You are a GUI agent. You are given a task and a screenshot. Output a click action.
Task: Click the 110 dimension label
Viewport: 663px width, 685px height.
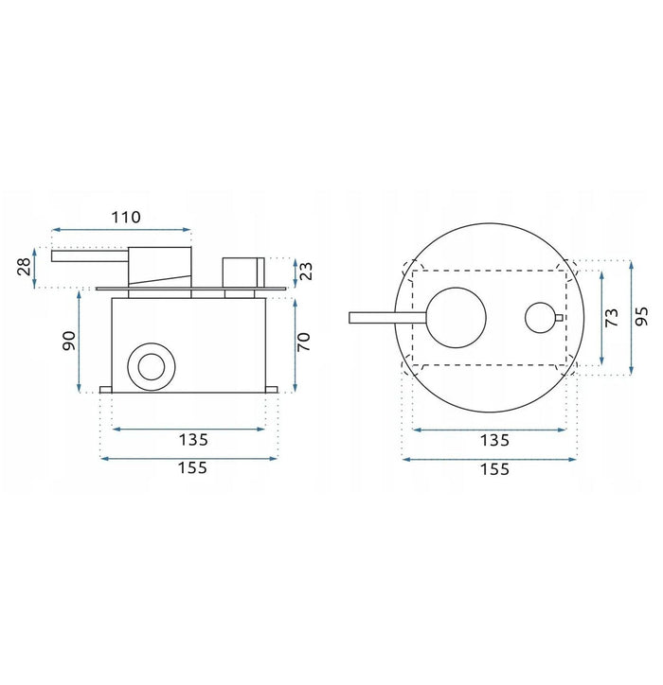(x=126, y=217)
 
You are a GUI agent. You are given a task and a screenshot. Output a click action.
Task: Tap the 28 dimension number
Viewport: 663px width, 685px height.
(x=25, y=267)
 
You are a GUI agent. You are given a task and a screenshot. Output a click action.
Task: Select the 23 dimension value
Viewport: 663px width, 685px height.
(x=307, y=271)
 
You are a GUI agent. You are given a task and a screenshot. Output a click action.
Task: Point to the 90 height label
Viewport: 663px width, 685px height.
(x=69, y=341)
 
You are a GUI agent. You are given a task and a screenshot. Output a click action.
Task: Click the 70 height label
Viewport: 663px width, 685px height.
(x=303, y=342)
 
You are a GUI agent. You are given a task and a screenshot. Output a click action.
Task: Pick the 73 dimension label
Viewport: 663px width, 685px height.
(x=612, y=317)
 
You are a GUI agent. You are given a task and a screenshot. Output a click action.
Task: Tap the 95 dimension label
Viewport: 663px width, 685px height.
(x=641, y=316)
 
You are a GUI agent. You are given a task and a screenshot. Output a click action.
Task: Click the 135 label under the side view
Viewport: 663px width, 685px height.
(x=193, y=440)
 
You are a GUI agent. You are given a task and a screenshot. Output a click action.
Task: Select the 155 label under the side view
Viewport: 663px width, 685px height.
(x=192, y=468)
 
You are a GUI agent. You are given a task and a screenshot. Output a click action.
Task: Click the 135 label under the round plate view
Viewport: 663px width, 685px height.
(x=494, y=440)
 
